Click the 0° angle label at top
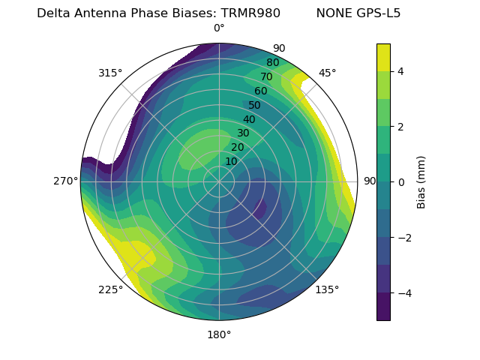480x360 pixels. [x=219, y=28]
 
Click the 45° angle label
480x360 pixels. [x=327, y=73]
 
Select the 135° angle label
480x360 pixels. [x=327, y=289]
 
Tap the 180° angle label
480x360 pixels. [x=219, y=334]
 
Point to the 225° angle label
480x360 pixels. [x=110, y=289]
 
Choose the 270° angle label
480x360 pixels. [x=65, y=181]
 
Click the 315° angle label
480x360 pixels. [x=110, y=73]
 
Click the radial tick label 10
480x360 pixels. [x=231, y=161]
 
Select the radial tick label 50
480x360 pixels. [x=254, y=105]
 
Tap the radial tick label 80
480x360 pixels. [x=272, y=63]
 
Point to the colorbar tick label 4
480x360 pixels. [x=401, y=71]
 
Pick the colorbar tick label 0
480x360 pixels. [x=401, y=181]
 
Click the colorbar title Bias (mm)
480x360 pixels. [x=421, y=181]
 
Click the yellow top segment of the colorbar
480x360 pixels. [x=383, y=57]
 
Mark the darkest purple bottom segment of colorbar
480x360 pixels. [x=383, y=307]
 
